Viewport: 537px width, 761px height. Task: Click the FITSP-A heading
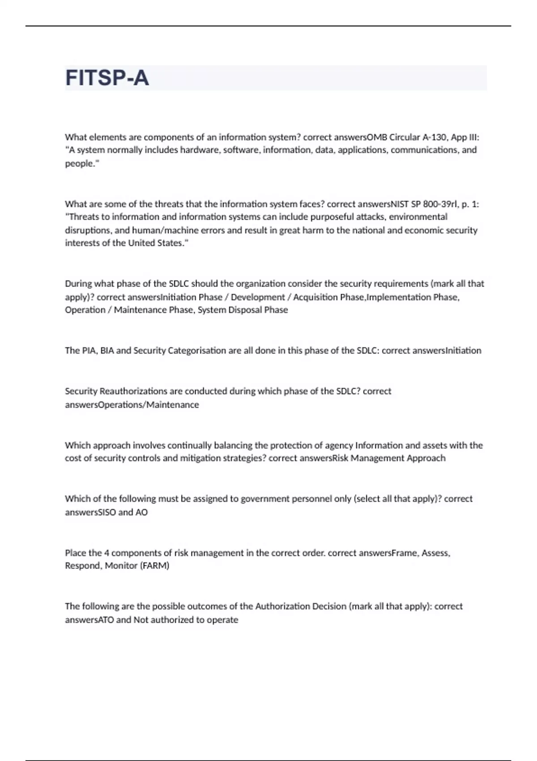[x=107, y=78]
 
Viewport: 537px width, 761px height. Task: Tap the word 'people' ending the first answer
[x=80, y=163]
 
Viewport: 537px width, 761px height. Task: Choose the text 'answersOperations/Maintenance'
[x=132, y=405]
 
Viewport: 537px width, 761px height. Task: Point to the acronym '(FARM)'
[x=155, y=566]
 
